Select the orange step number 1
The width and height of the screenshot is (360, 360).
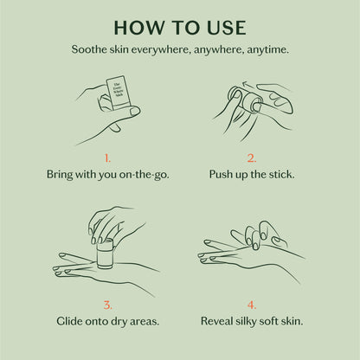click(107, 158)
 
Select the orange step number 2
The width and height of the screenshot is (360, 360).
click(252, 158)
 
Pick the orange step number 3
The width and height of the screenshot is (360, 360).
click(107, 304)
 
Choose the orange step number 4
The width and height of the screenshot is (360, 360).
click(252, 304)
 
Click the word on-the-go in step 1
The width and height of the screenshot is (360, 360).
click(141, 175)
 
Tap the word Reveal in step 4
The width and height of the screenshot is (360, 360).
click(219, 321)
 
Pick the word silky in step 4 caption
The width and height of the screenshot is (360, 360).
click(256, 321)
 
